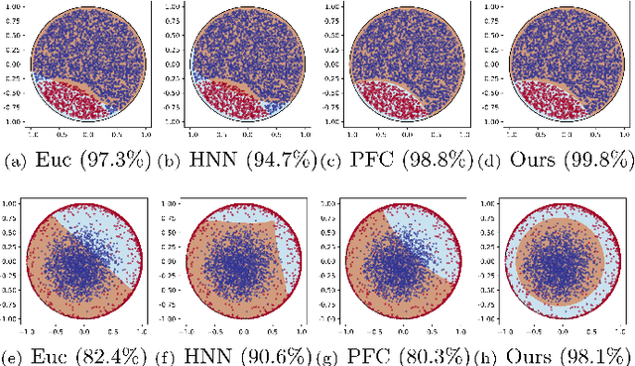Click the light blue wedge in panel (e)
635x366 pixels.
pos(119,233)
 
